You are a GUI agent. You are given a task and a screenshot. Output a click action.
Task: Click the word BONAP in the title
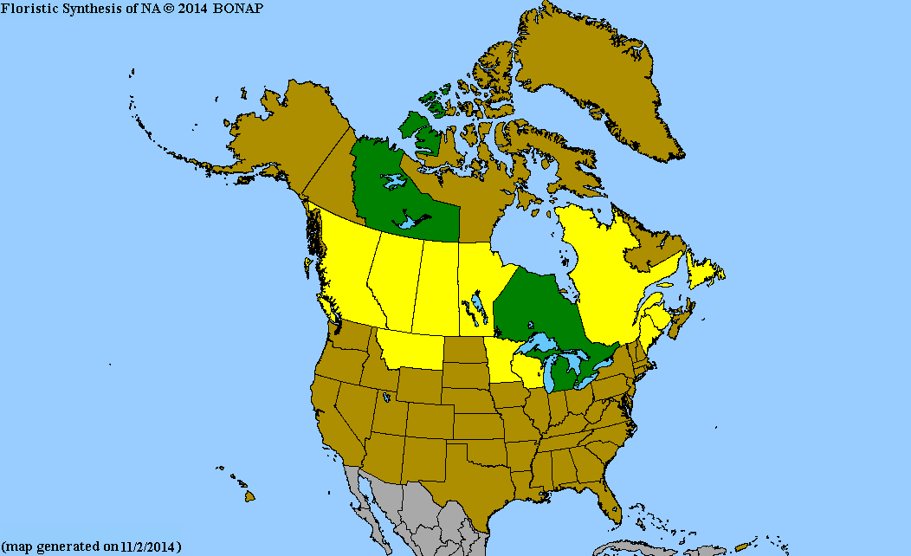pos(237,8)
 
